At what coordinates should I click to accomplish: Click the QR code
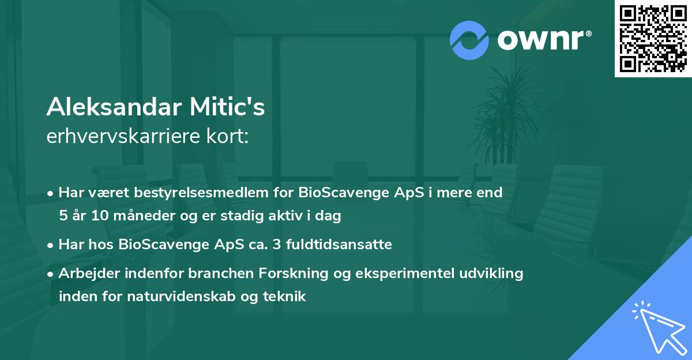pyautogui.click(x=653, y=38)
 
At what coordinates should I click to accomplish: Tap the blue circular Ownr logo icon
pyautogui.click(x=469, y=40)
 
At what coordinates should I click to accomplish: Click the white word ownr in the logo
pyautogui.click(x=541, y=40)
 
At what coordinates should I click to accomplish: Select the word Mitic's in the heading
pyautogui.click(x=227, y=107)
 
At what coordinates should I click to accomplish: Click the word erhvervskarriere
pyautogui.click(x=123, y=136)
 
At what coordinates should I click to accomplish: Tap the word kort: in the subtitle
pyautogui.click(x=227, y=136)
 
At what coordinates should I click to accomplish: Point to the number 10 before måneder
pyautogui.click(x=100, y=215)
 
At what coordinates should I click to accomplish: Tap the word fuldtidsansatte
pyautogui.click(x=339, y=245)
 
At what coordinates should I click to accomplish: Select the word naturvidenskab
pyautogui.click(x=181, y=297)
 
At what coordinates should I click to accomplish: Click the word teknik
pyautogui.click(x=284, y=297)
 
